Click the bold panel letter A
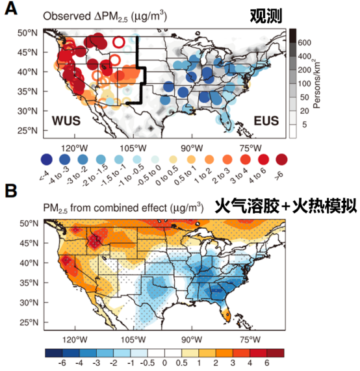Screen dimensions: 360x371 pos(11,9)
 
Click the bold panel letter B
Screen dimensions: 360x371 pos(11,191)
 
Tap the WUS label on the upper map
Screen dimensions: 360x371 pos(66,121)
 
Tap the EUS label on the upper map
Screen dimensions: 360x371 pos(266,121)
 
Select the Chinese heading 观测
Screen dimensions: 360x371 pos(266,16)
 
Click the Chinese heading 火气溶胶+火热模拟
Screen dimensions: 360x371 pos(286,206)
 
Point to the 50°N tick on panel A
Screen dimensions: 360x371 pos(27,32)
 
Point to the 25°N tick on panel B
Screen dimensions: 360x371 pos(29,322)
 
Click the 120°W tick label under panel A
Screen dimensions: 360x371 pos(75,148)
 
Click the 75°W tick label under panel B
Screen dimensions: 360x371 pos(250,340)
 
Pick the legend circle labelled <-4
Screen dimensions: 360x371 pos(46,159)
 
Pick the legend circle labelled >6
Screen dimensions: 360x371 pos(281,159)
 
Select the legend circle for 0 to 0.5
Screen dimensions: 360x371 pos(174,159)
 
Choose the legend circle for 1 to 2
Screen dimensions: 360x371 pos(209,159)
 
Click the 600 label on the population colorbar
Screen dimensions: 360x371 pos(304,43)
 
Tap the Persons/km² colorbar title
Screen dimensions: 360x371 pos(316,84)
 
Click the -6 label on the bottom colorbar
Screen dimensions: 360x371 pos(62,363)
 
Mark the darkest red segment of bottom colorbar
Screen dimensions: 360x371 pos(276,353)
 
